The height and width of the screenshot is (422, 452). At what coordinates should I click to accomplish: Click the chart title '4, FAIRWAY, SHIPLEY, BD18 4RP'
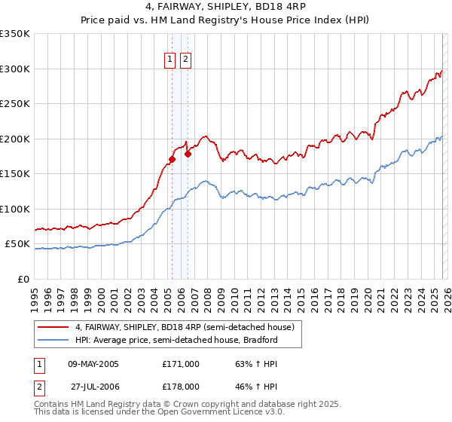click(x=226, y=8)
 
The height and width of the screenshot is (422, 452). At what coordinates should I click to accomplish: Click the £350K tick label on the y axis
click(x=15, y=34)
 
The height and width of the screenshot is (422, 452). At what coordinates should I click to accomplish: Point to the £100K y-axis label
click(x=15, y=209)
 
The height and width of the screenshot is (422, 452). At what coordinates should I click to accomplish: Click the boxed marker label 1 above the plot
click(x=170, y=60)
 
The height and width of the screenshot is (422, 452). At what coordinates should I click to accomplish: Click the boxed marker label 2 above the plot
click(x=185, y=60)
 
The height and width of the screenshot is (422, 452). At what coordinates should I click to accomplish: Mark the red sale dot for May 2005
click(x=172, y=159)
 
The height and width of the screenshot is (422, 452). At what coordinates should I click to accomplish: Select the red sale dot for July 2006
click(x=188, y=154)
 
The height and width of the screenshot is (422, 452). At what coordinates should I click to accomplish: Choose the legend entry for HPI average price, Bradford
click(x=176, y=340)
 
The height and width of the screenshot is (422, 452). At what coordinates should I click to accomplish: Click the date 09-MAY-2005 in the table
click(x=93, y=364)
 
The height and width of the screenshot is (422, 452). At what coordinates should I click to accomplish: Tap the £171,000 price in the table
click(x=181, y=364)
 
